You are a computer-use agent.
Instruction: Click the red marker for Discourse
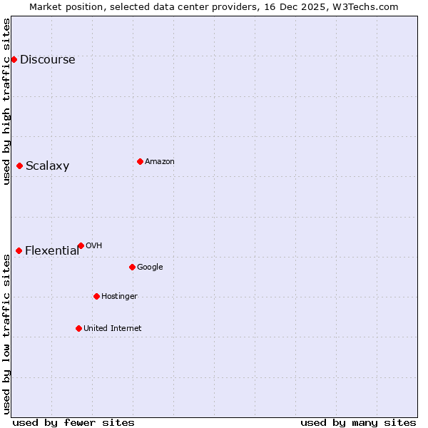14,59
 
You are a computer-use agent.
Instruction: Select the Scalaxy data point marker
19,165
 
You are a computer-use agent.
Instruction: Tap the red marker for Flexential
19,250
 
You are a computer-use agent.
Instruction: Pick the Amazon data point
140,161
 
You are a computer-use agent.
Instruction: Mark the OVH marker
81,245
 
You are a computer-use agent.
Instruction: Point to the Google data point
132,267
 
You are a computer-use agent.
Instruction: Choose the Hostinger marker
96,296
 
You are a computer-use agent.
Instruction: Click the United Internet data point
78,328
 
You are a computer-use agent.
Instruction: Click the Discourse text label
47,59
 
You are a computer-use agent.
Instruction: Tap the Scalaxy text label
47,165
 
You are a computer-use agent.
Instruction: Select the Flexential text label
51,250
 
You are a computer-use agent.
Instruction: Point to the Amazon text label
159,161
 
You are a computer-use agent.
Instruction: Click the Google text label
150,267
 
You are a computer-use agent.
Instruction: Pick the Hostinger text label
119,296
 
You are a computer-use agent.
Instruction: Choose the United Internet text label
112,328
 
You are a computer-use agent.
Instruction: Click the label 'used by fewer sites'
73,422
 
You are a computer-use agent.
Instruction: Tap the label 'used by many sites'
358,422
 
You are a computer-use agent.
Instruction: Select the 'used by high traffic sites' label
6,101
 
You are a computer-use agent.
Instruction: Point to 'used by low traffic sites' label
6,334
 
